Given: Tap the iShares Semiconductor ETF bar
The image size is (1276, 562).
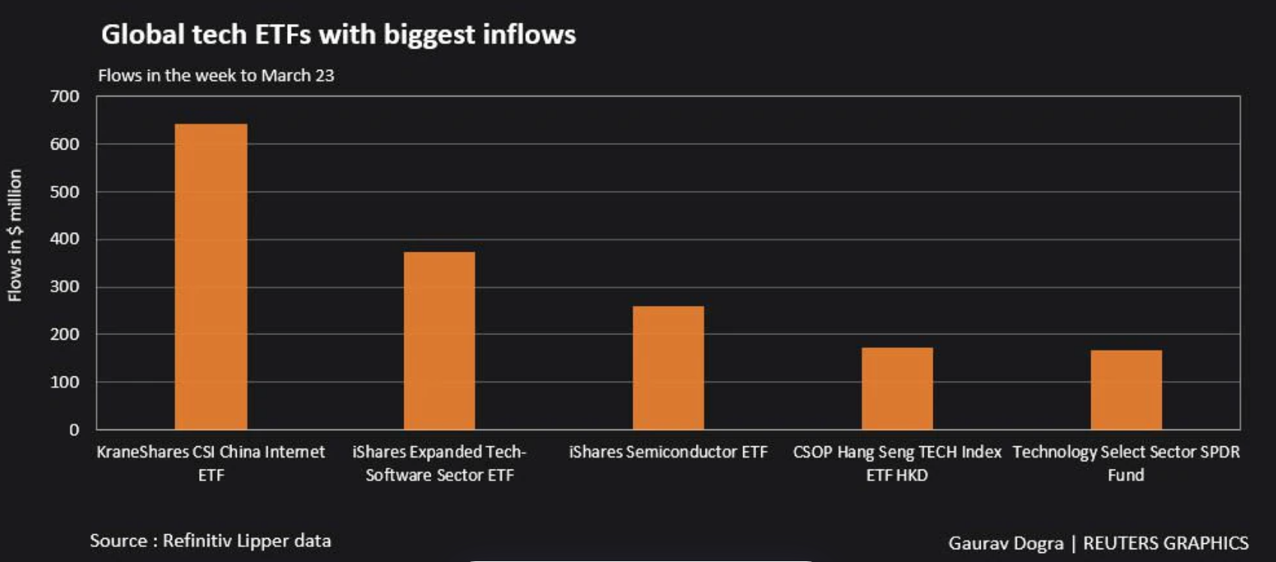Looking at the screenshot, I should pyautogui.click(x=668, y=367).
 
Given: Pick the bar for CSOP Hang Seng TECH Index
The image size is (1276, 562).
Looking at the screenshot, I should pyautogui.click(x=897, y=388).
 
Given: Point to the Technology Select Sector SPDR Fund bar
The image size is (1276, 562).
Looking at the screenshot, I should pyautogui.click(x=1126, y=390).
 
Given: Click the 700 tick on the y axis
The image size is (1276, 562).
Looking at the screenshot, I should pyautogui.click(x=65, y=96).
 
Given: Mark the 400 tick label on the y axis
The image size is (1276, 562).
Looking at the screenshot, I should pyautogui.click(x=65, y=239).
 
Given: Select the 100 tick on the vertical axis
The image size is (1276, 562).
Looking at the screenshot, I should pyautogui.click(x=65, y=382).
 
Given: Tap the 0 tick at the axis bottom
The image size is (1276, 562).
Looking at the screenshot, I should pyautogui.click(x=74, y=430).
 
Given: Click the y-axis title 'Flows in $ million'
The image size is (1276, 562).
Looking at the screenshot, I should pyautogui.click(x=15, y=235).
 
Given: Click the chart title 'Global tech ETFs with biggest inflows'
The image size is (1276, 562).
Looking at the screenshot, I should pyautogui.click(x=338, y=35).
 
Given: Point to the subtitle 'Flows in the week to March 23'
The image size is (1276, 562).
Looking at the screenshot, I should pyautogui.click(x=216, y=75).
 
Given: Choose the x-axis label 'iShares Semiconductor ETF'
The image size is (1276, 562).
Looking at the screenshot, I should pyautogui.click(x=668, y=452).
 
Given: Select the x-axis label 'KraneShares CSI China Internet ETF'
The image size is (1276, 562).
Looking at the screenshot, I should pyautogui.click(x=211, y=463).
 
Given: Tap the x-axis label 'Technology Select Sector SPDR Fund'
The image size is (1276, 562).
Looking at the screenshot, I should pyautogui.click(x=1126, y=463).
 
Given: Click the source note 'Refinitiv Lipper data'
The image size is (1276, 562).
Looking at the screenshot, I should pyautogui.click(x=246, y=541).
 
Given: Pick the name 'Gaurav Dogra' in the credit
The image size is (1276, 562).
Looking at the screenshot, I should pyautogui.click(x=1005, y=543).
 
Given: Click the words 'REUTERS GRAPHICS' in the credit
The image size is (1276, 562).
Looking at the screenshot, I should pyautogui.click(x=1166, y=543).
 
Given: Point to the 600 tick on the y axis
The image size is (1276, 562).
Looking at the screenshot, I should pyautogui.click(x=65, y=144).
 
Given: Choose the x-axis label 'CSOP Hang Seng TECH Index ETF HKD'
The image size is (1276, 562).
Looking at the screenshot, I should pyautogui.click(x=897, y=463).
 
